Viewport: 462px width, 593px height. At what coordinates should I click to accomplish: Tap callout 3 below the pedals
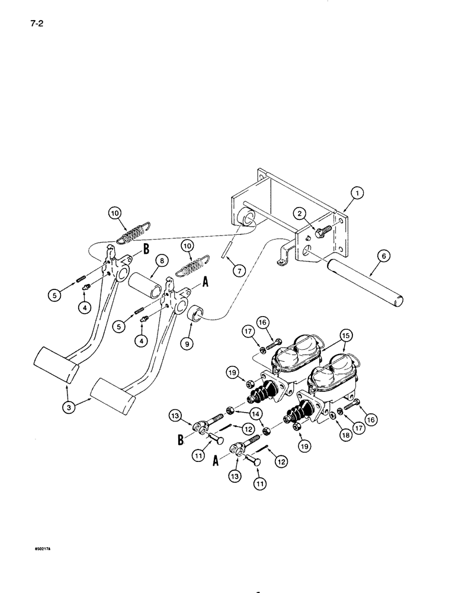click(69, 408)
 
